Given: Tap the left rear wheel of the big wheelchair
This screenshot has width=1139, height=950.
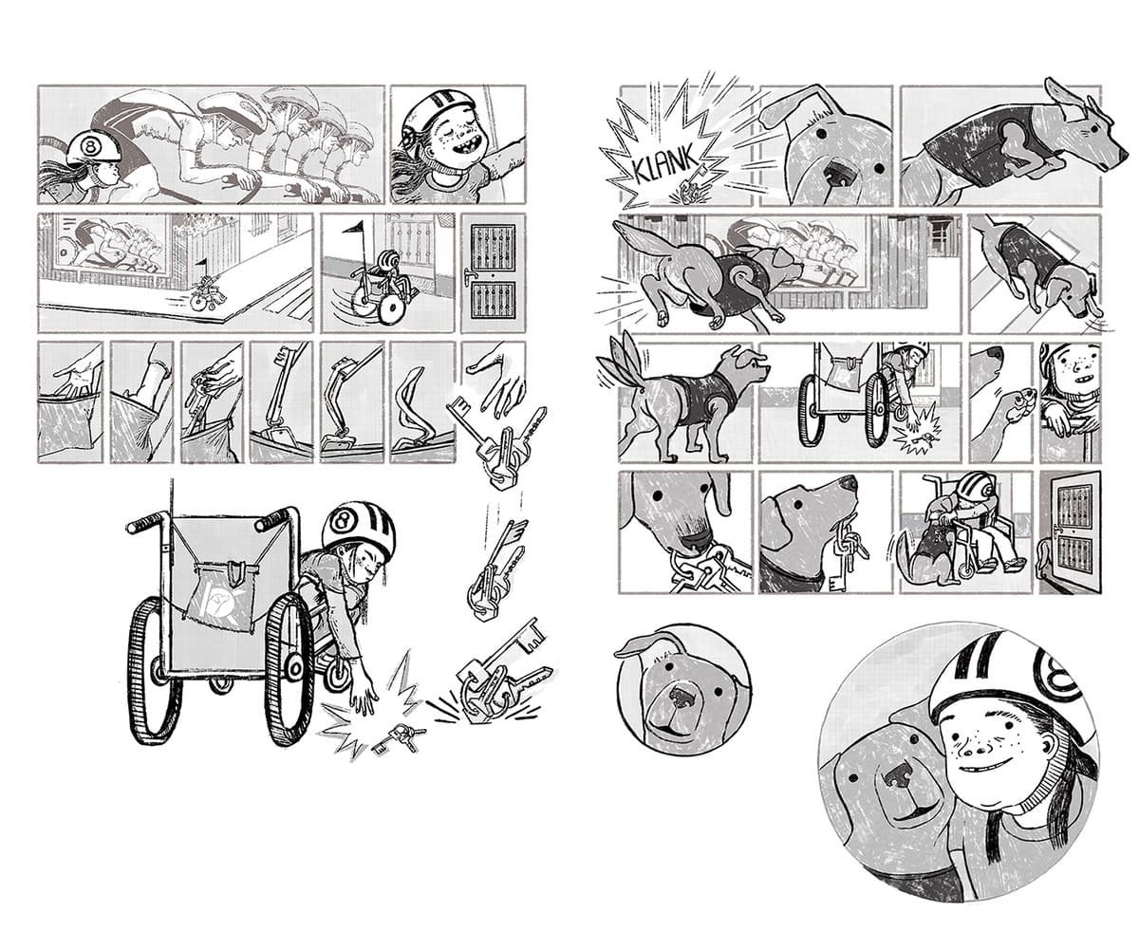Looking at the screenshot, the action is tap(148, 672).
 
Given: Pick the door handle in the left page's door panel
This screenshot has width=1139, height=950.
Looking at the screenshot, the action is tap(467, 276).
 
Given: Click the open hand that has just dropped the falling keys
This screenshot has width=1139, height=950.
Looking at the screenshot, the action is tap(496, 382).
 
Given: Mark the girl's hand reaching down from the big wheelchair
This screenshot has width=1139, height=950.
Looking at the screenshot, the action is tap(364, 693).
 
